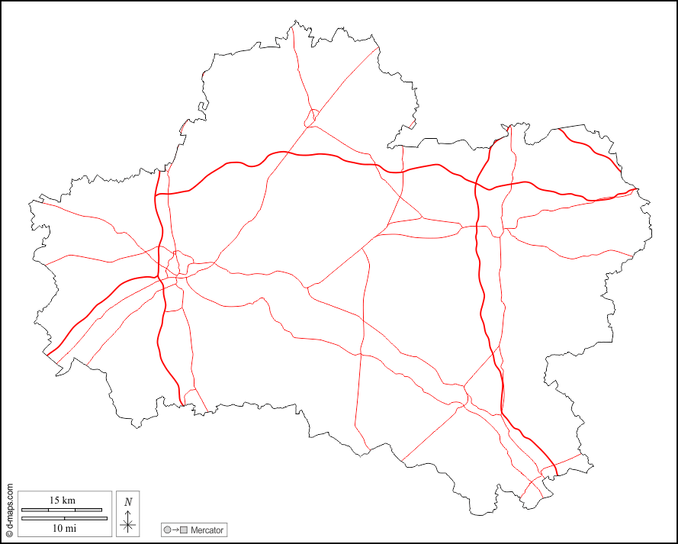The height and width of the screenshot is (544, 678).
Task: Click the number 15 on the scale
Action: [x=55, y=501]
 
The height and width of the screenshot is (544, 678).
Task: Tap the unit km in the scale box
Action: [x=69, y=501]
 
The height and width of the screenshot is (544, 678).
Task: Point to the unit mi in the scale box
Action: [x=70, y=527]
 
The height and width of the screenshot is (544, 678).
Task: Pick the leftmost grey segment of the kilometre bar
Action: [x=35, y=509]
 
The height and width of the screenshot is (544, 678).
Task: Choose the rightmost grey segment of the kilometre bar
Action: [x=88, y=509]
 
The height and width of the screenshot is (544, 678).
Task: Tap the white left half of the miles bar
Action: [x=42, y=519]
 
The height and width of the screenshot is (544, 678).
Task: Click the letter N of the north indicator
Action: [x=128, y=501]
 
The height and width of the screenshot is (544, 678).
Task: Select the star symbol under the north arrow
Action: [x=128, y=524]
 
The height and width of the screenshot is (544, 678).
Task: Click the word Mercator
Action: [x=207, y=530]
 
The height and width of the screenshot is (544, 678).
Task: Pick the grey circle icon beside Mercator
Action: [x=167, y=530]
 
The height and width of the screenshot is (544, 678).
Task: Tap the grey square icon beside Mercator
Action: [x=184, y=530]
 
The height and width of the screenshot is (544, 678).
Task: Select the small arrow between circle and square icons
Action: [x=175, y=530]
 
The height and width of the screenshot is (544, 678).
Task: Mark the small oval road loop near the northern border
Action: [x=310, y=117]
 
